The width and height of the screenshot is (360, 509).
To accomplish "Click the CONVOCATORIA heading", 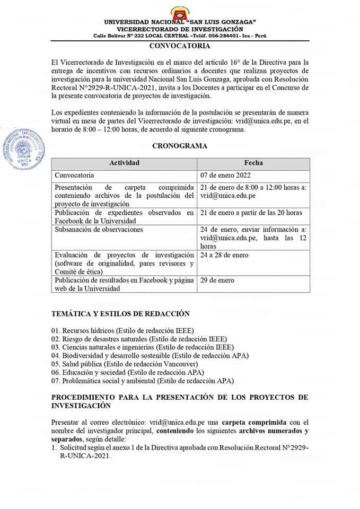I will pos(180,46).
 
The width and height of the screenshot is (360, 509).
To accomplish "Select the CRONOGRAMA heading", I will pos(180,146).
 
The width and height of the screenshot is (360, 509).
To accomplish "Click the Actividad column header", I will pos(124,163).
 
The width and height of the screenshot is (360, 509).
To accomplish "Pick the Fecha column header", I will pos(253,163).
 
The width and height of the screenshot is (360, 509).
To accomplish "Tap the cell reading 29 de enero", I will pos(217,280).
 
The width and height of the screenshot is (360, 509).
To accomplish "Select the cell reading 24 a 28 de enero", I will pos(224,255).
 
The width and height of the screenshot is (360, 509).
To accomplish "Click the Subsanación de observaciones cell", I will pos(99,230).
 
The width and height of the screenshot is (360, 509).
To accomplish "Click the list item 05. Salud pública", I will pos(125,364).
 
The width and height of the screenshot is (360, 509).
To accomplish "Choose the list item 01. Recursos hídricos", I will pos(122,330).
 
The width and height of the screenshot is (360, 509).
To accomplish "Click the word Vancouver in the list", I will pos(180,364).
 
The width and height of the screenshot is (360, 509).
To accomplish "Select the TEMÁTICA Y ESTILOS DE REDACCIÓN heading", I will pos(120,314).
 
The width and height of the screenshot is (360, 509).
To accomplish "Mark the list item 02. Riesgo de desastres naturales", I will pos(139,338).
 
